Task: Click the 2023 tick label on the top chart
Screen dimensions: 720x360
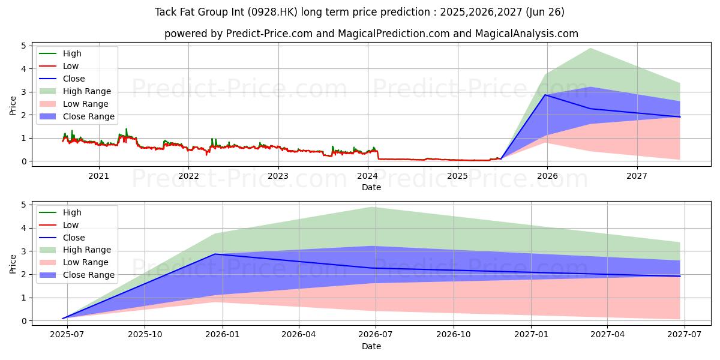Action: pyautogui.click(x=278, y=176)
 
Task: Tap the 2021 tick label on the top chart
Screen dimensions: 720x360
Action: pyautogui.click(x=98, y=176)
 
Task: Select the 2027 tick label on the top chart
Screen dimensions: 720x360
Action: pyautogui.click(x=637, y=176)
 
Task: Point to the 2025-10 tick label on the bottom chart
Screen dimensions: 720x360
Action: pyautogui.click(x=145, y=335)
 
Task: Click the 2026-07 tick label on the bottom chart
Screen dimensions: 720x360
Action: pyautogui.click(x=376, y=335)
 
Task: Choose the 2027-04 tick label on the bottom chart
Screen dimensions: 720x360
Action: pyautogui.click(x=607, y=335)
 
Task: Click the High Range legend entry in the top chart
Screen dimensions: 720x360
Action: pyautogui.click(x=75, y=91)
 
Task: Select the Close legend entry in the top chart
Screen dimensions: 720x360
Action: pyautogui.click(x=62, y=79)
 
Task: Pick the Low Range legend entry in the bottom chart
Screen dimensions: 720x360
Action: pyautogui.click(x=74, y=262)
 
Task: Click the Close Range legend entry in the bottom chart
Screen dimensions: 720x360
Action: pyautogui.click(x=77, y=275)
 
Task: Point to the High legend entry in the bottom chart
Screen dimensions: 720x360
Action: pyautogui.click(x=61, y=212)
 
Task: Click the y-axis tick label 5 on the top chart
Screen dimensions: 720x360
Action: pyautogui.click(x=24, y=46)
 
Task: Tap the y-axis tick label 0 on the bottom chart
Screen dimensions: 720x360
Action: pyautogui.click(x=24, y=321)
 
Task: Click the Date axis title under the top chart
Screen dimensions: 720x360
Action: pyautogui.click(x=371, y=187)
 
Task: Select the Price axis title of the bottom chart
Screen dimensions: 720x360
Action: pyautogui.click(x=13, y=264)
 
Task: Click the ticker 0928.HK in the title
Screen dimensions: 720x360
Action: pyautogui.click(x=272, y=12)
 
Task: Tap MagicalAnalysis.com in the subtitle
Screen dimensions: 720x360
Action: pyautogui.click(x=527, y=34)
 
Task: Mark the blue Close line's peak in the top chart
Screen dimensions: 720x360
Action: pyautogui.click(x=545, y=95)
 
